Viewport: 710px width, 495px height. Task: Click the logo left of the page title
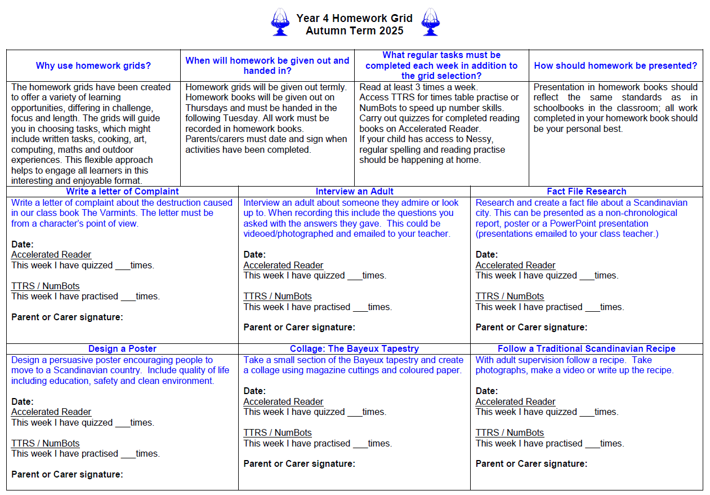[x=280, y=23]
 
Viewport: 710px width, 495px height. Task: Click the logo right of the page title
[x=430, y=23]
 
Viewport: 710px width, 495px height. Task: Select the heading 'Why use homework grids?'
[x=93, y=65]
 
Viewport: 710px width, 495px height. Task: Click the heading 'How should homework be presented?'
[x=615, y=65]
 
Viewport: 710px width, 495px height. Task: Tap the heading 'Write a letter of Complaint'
[x=122, y=191]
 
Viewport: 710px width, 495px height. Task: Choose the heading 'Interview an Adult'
[x=355, y=191]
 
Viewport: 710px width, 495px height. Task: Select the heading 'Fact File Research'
[x=586, y=191]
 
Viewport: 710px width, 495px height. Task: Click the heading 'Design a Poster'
[x=122, y=348]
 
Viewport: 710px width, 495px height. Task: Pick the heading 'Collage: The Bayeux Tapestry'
[x=354, y=348]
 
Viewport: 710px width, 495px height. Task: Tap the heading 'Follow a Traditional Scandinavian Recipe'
[x=586, y=348]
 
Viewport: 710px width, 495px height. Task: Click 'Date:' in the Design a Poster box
[x=23, y=401]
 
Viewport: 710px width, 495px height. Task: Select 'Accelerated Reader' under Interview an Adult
[x=283, y=265]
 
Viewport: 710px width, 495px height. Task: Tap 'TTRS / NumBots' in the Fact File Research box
[x=510, y=296]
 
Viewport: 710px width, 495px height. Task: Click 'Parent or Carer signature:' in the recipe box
[x=531, y=463]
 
